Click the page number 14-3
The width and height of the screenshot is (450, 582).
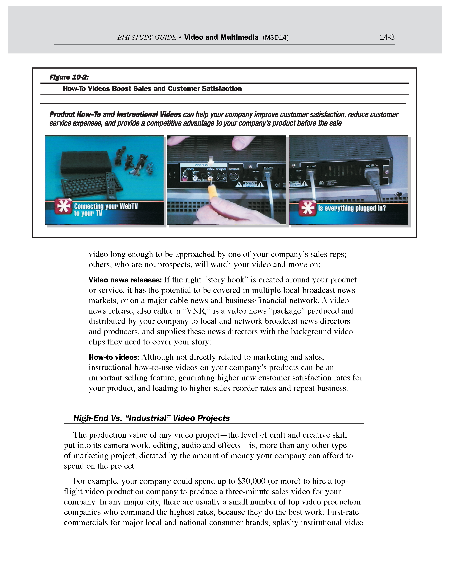pyautogui.click(x=387, y=37)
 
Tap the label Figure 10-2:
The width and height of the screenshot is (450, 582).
pyautogui.click(x=69, y=77)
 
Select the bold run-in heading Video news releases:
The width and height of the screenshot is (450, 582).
pyautogui.click(x=125, y=280)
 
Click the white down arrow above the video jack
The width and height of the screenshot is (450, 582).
pyautogui.click(x=211, y=161)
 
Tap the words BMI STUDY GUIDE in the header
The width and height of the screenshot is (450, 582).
pyautogui.click(x=147, y=38)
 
